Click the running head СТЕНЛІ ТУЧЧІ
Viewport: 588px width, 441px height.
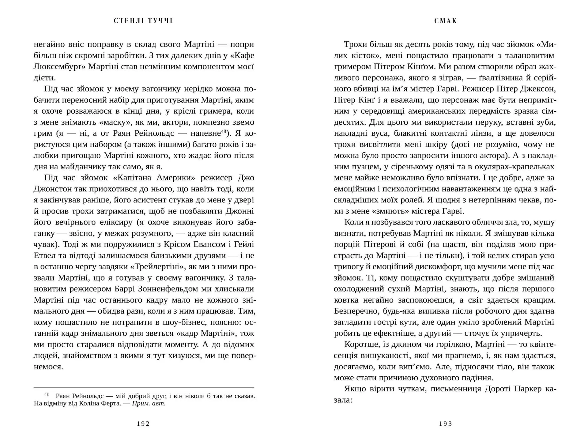[143, 21]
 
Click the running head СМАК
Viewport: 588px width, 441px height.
[446, 21]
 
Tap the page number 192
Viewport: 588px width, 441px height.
[143, 424]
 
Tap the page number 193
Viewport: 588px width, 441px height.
[446, 424]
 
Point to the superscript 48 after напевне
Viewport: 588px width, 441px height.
[224, 131]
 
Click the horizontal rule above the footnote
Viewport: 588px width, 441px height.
[144, 387]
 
